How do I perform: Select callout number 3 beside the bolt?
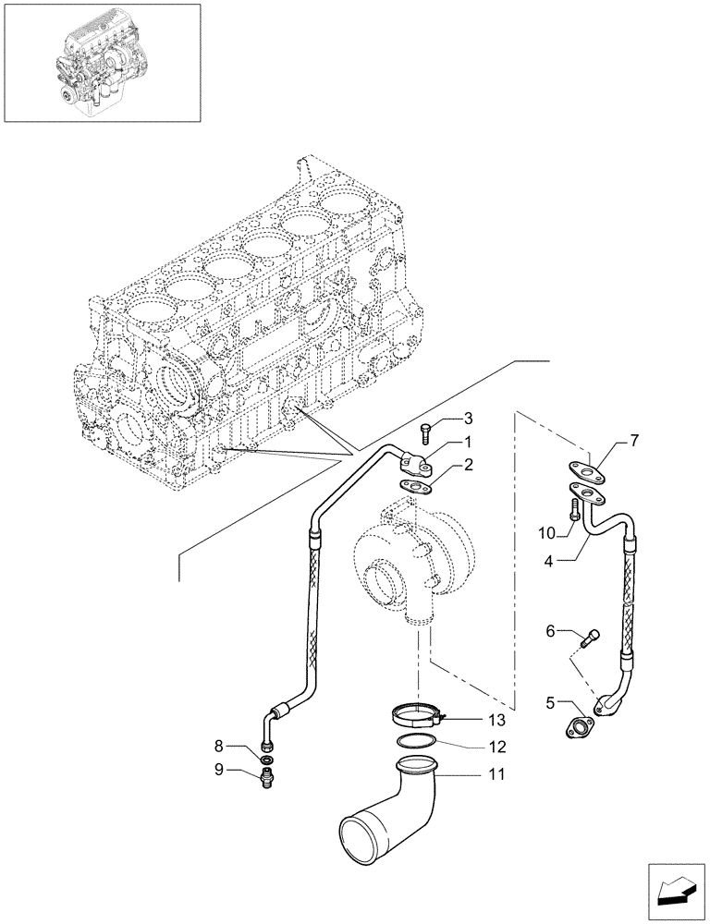[x=469, y=419]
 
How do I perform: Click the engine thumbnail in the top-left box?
[x=102, y=62]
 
